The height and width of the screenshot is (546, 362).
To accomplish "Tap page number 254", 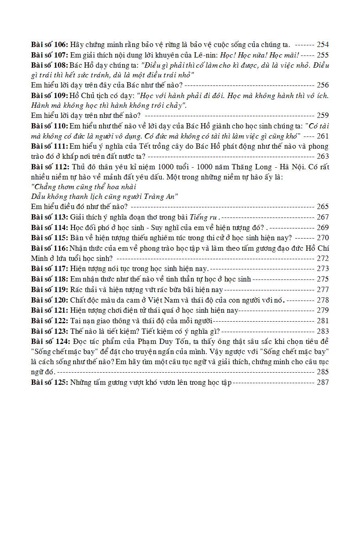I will click(x=322, y=45).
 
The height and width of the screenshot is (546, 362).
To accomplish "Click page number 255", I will click(x=322, y=55).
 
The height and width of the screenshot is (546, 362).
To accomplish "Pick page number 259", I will click(x=322, y=115).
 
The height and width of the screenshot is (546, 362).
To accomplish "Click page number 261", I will click(x=322, y=136).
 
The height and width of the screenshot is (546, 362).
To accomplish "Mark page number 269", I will click(x=322, y=228).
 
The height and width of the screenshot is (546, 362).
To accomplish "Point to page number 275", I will click(x=322, y=279).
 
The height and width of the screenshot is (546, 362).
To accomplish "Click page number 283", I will click(x=322, y=331).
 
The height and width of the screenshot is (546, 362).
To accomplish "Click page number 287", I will click(x=322, y=382).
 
